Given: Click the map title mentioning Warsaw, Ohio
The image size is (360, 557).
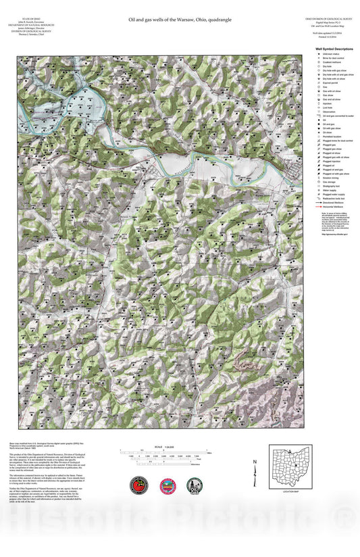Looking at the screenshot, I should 180,20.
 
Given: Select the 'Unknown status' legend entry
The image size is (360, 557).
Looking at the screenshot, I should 330,55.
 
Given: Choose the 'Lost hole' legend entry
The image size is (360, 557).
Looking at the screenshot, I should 327,107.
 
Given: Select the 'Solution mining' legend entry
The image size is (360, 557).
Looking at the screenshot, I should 330,178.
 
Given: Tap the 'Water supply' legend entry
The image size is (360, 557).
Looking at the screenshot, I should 329,190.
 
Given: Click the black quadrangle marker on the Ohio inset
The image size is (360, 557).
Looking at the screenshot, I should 297,466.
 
